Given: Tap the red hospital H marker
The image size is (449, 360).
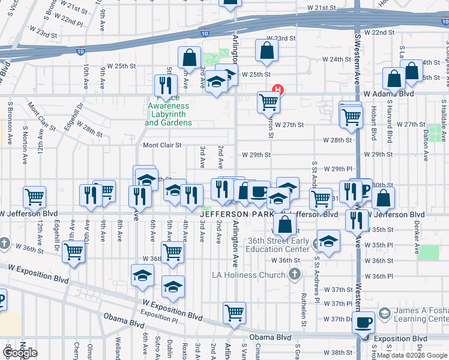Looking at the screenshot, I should click(x=278, y=91).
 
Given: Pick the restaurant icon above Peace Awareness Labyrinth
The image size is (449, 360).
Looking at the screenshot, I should click(x=166, y=85).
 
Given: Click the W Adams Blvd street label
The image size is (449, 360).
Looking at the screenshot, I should click(x=389, y=94).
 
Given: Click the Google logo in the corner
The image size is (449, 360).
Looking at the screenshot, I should click(x=19, y=353).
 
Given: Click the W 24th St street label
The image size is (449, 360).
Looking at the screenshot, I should click(x=336, y=59).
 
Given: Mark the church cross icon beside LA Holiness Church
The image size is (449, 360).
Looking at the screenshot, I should click(x=294, y=275).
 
